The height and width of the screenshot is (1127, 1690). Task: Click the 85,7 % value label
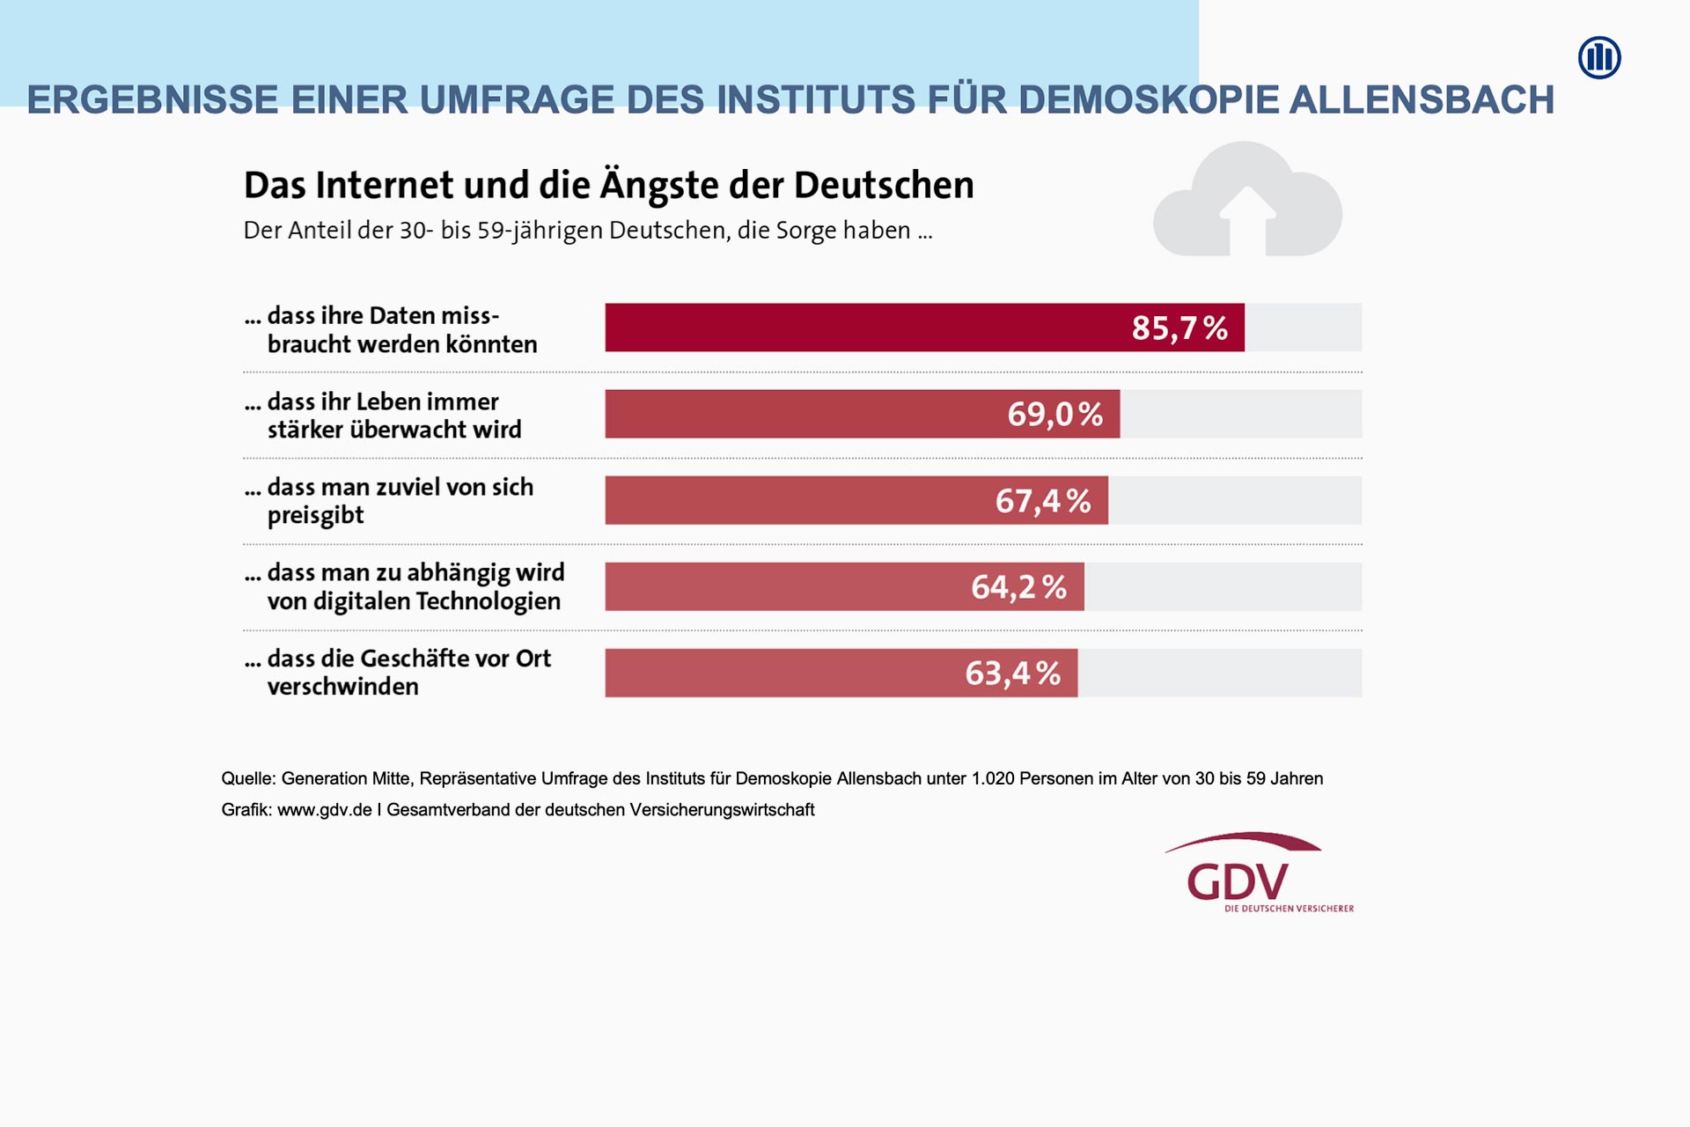coord(1179,328)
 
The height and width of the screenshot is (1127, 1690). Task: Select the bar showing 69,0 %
coord(862,414)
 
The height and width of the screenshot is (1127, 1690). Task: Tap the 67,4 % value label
coord(1043,501)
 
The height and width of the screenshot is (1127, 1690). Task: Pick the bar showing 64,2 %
coord(844,586)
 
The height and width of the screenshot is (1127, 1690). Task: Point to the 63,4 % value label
coord(1012,674)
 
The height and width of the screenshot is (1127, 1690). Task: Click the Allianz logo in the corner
coord(1599,58)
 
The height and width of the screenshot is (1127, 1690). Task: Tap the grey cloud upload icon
coord(1247,203)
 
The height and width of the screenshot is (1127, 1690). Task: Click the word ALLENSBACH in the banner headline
coord(1422,99)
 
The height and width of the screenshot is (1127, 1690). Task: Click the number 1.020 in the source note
coord(993,778)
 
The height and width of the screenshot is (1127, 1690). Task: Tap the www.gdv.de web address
coord(325,810)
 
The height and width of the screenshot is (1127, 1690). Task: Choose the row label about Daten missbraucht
coord(392,329)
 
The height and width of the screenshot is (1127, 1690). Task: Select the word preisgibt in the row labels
coord(315,516)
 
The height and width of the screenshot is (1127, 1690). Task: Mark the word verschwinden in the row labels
coord(342,687)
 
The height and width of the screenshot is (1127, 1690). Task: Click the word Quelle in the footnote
coord(247,778)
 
